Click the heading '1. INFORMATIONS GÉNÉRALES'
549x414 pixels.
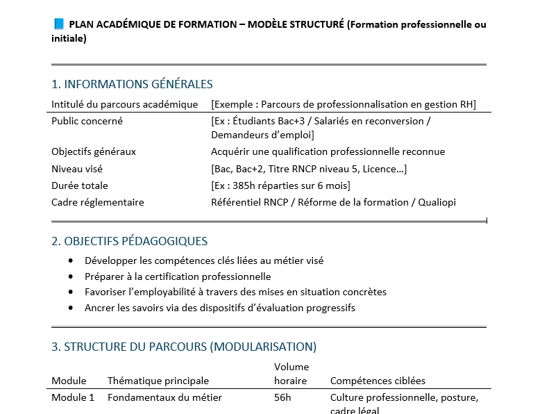click(132, 84)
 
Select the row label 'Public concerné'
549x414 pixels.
click(87, 121)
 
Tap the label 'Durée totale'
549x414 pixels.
click(80, 185)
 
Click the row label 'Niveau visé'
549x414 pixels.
click(80, 169)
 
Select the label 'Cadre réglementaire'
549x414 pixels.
click(98, 202)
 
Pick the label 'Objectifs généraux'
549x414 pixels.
click(94, 151)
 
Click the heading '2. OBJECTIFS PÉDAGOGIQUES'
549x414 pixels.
click(129, 242)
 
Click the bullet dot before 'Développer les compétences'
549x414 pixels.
click(71, 260)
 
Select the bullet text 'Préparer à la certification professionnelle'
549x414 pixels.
click(178, 276)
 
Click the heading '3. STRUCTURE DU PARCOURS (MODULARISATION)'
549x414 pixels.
click(184, 347)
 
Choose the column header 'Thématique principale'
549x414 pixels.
click(158, 381)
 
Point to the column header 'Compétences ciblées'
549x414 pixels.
click(378, 381)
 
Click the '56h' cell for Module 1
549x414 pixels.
click(283, 398)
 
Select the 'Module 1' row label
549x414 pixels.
click(73, 398)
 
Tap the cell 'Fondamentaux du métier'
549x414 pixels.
click(164, 398)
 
